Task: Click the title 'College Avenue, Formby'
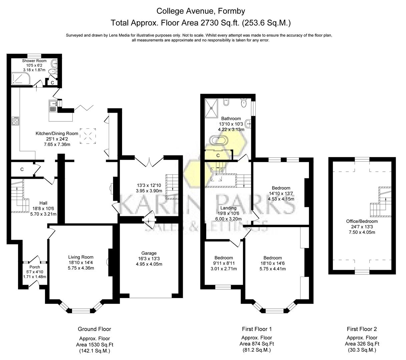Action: pyautogui.click(x=201, y=11)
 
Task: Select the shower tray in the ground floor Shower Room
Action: pyautogui.click(x=21, y=79)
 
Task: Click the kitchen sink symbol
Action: pyautogui.click(x=53, y=106)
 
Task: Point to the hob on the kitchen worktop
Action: pyautogui.click(x=16, y=120)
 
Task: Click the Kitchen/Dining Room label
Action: pyautogui.click(x=57, y=134)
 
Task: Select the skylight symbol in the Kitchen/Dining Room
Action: pyautogui.click(x=89, y=136)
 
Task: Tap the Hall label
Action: pyautogui.click(x=43, y=203)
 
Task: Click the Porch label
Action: pyautogui.click(x=35, y=267)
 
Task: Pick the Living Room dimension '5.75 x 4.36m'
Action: pyautogui.click(x=81, y=268)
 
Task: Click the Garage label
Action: pyautogui.click(x=149, y=253)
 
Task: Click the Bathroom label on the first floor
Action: pyautogui.click(x=231, y=119)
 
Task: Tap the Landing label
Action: pyautogui.click(x=228, y=208)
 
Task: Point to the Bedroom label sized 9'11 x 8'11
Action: pyautogui.click(x=224, y=258)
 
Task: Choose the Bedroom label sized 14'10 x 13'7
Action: pyautogui.click(x=281, y=188)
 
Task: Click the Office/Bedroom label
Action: pyautogui.click(x=362, y=221)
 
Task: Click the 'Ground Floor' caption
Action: pyautogui.click(x=94, y=329)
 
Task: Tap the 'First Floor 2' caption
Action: pyautogui.click(x=362, y=329)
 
